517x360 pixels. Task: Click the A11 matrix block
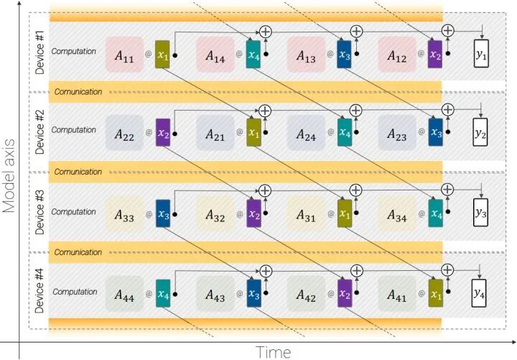click(x=124, y=55)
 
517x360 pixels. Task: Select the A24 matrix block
click(x=307, y=134)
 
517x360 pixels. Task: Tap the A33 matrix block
click(x=124, y=214)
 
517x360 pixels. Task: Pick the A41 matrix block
click(x=397, y=294)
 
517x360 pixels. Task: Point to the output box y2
click(x=480, y=134)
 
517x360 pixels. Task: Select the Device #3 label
click(x=40, y=211)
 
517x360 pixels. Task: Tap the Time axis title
click(x=274, y=351)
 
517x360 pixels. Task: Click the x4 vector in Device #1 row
click(x=253, y=55)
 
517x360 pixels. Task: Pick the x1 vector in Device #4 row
click(x=435, y=294)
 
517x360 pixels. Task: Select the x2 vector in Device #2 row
click(x=162, y=134)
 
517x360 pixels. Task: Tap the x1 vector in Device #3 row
click(x=345, y=214)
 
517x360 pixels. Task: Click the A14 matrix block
click(x=215, y=55)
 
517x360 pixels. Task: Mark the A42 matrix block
click(x=307, y=294)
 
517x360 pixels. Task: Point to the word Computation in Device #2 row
click(x=74, y=130)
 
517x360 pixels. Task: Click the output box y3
click(x=480, y=213)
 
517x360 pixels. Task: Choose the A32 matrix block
click(x=215, y=214)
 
